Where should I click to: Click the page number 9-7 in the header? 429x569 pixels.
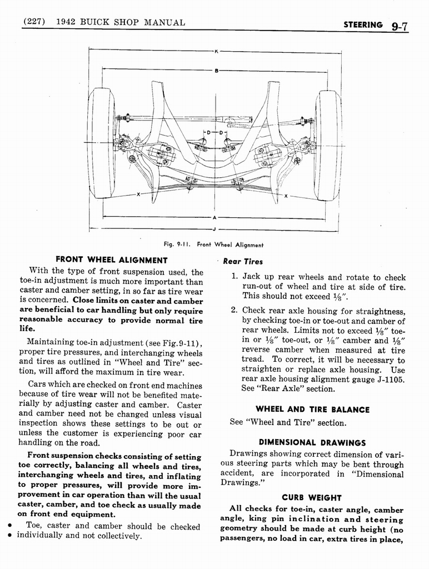pos(400,25)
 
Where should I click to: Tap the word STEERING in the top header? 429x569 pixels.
pos(363,24)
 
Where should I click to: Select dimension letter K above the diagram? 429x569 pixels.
pos(215,52)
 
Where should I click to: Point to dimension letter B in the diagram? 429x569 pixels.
pos(215,70)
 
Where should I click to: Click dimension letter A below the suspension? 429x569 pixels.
pos(214,217)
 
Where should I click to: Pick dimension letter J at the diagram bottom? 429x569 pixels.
pos(214,229)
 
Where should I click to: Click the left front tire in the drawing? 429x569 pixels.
pos(102,143)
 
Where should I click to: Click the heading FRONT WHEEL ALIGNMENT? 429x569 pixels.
pos(112,260)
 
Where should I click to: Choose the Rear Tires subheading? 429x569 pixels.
pos(243,262)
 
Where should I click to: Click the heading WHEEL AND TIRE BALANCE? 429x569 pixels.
pos(312,410)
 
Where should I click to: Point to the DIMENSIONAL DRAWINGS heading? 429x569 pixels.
pos(312,443)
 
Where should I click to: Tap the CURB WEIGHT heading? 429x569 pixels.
pos(312,498)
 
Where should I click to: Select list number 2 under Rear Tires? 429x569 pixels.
pos(235,311)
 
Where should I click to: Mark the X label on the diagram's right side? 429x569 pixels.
pos(286,196)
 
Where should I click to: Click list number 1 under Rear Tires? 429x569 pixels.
pos(235,277)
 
